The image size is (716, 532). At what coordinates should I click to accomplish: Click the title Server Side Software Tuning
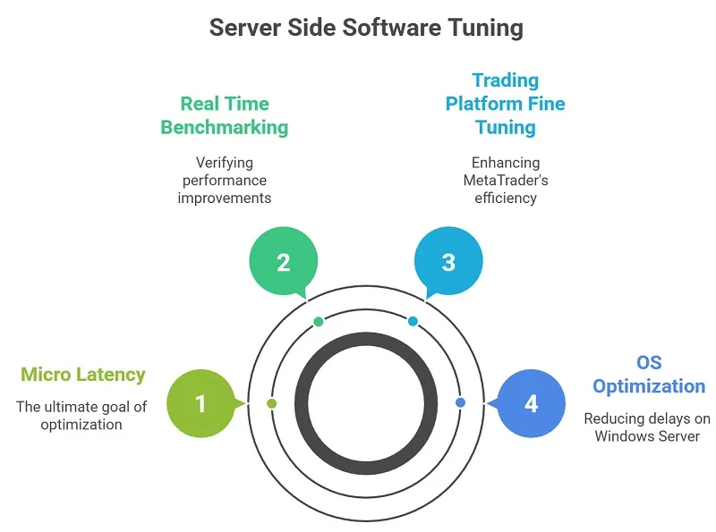(366, 28)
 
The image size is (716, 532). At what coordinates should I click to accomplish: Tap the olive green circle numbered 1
(200, 403)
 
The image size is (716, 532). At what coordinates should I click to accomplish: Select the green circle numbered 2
(283, 262)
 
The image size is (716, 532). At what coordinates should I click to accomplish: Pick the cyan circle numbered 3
(448, 262)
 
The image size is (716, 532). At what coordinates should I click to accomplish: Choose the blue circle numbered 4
(531, 403)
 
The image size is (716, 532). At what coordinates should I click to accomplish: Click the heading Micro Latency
(82, 374)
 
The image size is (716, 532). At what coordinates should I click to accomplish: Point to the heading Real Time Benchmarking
(225, 115)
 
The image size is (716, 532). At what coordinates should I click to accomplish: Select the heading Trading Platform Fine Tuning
(506, 104)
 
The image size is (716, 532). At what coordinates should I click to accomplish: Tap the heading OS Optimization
(649, 375)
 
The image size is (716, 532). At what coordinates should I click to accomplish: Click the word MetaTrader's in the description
(506, 180)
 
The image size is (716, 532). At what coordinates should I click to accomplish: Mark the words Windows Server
(647, 435)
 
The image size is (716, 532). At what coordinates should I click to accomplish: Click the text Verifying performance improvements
(225, 180)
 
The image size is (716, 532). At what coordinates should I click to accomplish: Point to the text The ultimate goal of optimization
(81, 416)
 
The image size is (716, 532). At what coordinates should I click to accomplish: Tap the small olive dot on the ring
(272, 403)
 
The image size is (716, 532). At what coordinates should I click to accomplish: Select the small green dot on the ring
(319, 321)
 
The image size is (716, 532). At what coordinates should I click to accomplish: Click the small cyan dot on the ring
(413, 321)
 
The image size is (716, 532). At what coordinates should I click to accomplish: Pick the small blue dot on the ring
(460, 403)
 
